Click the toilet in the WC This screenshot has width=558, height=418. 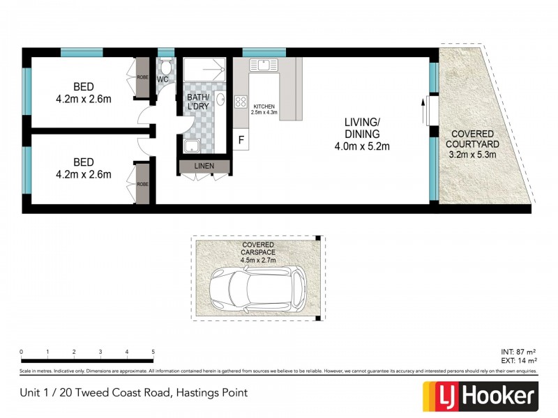(x=166, y=67)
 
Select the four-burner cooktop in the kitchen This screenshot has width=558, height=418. (x=241, y=102)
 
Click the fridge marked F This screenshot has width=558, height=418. (x=241, y=139)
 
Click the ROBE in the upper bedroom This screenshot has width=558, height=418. (x=143, y=78)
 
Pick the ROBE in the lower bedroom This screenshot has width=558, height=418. (x=143, y=184)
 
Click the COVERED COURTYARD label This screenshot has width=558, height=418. (x=472, y=139)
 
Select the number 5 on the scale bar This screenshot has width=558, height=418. (x=153, y=352)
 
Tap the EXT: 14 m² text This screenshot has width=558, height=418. (x=518, y=361)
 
